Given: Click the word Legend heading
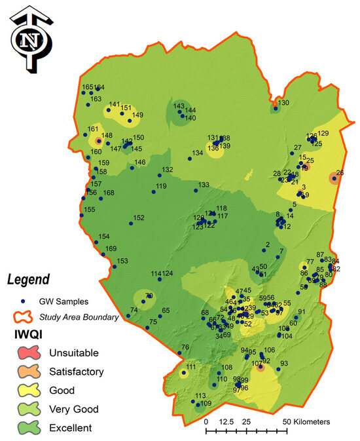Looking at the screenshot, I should coord(28,280).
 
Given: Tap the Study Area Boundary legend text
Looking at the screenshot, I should coord(79,317).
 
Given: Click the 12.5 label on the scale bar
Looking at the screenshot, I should coord(226,421).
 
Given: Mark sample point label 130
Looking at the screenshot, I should coord(283,103).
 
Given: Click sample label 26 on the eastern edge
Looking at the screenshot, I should coord(340,173).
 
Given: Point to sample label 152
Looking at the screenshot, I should coord(139,218).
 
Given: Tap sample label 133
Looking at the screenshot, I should coord(204,185).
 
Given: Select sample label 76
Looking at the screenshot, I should coord(185,347).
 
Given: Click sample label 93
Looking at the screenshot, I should coord(284,364).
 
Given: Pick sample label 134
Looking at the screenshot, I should coord(197,153).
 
